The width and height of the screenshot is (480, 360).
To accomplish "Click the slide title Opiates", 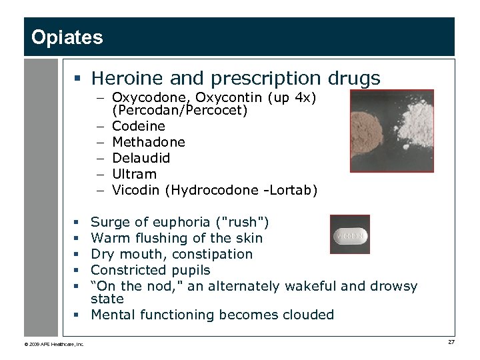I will point(67,37).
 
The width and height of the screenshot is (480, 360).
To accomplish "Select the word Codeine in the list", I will point(139,126).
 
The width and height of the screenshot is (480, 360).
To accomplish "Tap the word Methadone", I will point(149,142).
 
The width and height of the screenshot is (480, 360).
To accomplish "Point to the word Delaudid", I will point(141,158).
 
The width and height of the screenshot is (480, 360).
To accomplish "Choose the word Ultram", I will point(134,174).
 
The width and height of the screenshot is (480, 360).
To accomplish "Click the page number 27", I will point(451,342).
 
